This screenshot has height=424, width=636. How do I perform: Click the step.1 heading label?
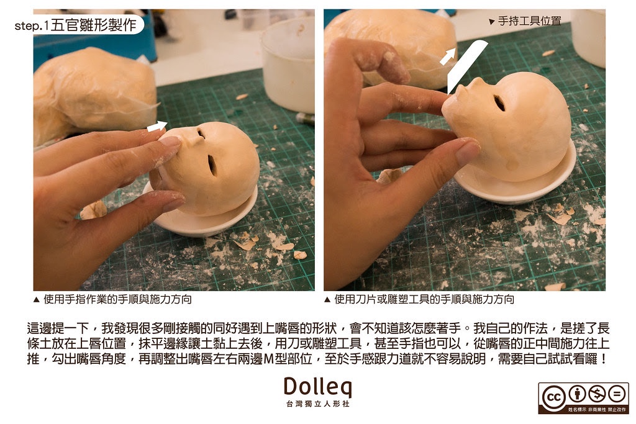click(x=75, y=25)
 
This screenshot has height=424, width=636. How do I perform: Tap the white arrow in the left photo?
click(x=157, y=127)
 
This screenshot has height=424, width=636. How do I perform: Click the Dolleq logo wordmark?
click(x=317, y=387)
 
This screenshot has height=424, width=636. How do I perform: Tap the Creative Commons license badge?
click(x=583, y=397)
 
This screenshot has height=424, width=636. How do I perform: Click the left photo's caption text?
click(x=113, y=299)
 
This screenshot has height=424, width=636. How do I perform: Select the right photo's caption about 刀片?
click(x=419, y=299)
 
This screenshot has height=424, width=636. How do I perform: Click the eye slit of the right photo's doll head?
click(x=499, y=103)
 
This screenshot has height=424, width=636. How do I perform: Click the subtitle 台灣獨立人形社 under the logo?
click(x=317, y=404)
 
